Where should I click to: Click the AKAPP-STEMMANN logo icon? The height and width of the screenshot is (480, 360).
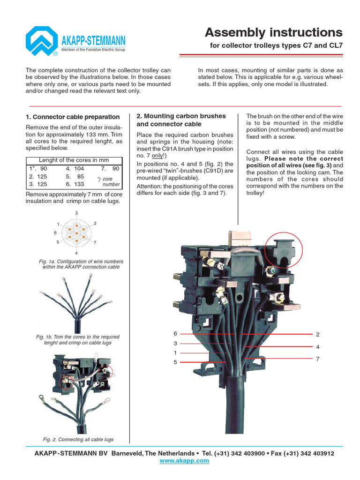(x=42, y=41)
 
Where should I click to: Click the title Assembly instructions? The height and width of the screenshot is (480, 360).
(x=274, y=32)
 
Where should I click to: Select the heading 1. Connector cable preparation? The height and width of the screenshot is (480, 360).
(x=73, y=117)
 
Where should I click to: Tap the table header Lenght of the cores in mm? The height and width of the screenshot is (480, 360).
(x=74, y=160)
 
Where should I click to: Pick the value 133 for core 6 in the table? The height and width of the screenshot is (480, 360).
(x=78, y=184)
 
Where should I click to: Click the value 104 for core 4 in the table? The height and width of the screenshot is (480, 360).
(x=78, y=168)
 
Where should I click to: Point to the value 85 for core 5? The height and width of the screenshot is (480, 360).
(x=79, y=176)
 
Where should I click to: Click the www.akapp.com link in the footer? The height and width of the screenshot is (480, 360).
(x=184, y=461)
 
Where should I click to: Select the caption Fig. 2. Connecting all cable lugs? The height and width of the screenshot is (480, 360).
(x=78, y=439)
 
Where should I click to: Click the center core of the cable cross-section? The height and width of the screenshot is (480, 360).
(x=76, y=232)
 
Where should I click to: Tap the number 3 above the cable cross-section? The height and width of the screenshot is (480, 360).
(x=76, y=213)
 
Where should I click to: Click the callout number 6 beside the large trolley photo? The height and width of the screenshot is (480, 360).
(x=175, y=333)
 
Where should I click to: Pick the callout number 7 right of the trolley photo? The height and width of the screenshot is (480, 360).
(x=317, y=358)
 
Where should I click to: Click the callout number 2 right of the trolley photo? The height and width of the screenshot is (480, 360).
(x=317, y=334)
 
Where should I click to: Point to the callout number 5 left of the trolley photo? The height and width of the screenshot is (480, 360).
(x=175, y=362)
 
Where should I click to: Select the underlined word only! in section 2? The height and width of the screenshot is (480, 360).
(x=157, y=156)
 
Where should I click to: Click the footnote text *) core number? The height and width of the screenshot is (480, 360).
(x=107, y=181)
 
